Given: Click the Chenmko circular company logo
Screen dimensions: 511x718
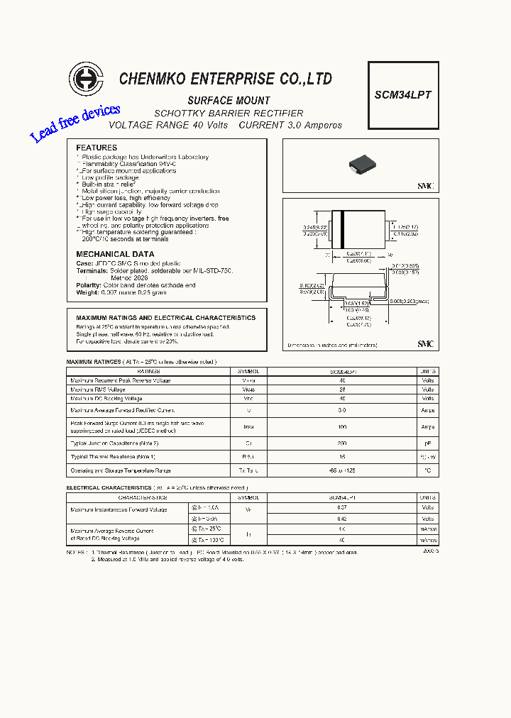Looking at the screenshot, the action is (86, 79).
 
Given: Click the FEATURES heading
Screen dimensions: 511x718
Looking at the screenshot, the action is (97, 148).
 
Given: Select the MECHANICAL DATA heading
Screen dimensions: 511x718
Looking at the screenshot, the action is (115, 254).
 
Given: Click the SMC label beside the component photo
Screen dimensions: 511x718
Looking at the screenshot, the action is (425, 185).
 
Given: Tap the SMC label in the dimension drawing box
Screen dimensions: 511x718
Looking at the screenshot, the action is (425, 344).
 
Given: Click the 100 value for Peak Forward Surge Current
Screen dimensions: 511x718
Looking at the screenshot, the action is (342, 427).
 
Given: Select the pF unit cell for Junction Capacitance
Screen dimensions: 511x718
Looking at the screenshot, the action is (428, 443).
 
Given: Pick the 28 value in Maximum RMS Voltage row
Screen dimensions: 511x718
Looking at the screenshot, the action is (342, 390).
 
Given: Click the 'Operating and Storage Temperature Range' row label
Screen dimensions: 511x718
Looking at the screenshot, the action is (121, 470).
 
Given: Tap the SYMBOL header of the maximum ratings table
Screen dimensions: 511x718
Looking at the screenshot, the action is (248, 371).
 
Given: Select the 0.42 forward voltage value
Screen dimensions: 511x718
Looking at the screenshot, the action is (342, 519).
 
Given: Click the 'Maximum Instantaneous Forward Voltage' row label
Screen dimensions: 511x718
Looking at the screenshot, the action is (119, 509).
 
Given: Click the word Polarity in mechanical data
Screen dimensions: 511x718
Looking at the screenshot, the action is (89, 285).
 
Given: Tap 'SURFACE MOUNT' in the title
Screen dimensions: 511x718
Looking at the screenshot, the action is (229, 101).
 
